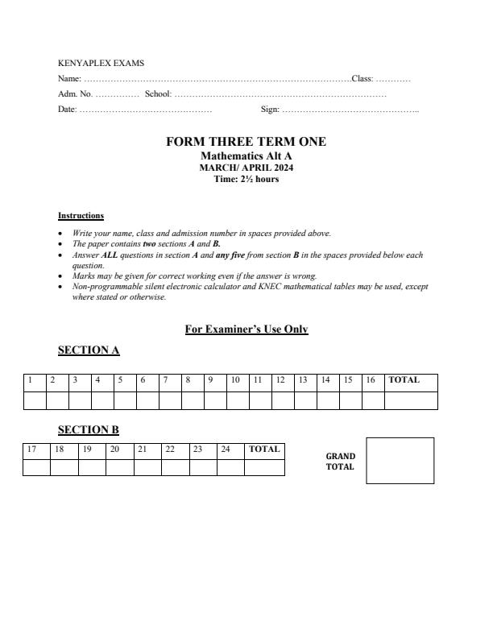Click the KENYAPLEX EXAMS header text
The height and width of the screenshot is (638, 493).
101,63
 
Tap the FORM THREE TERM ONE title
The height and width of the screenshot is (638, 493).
246,142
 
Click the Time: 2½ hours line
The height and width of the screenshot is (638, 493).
246,178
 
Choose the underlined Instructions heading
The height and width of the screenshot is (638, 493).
81,216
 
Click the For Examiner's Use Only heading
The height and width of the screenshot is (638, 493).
246,329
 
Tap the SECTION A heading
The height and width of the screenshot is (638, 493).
89,350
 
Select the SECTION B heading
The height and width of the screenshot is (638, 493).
89,430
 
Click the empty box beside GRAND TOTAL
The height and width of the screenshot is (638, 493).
400,461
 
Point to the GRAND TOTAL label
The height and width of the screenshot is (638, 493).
340,462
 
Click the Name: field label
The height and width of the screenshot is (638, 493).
69,79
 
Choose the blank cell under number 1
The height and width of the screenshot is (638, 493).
35,400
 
